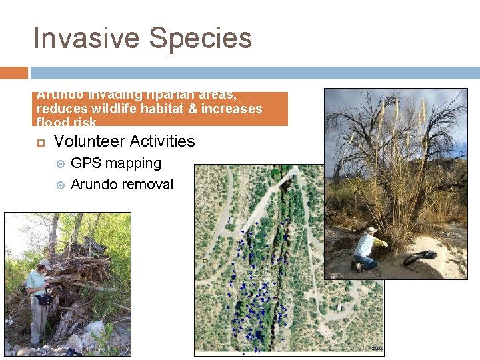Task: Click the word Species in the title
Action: pyautogui.click(x=200, y=39)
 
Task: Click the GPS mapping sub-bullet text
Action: pyautogui.click(x=116, y=163)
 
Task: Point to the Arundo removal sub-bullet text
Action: pyautogui.click(x=122, y=185)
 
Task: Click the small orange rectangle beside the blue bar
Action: pyautogui.click(x=13, y=73)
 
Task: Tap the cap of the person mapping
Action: pyautogui.click(x=45, y=265)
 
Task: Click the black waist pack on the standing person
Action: pyautogui.click(x=43, y=299)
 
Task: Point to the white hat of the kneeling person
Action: pyautogui.click(x=371, y=230)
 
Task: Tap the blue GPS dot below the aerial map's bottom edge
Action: pyautogui.click(x=243, y=354)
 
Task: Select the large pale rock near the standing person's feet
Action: pyautogui.click(x=94, y=329)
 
